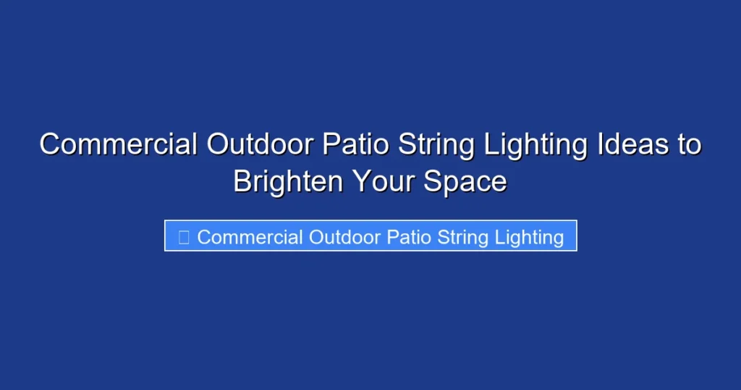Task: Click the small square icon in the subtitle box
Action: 184,237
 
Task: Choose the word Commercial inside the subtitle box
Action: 250,237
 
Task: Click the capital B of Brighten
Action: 242,182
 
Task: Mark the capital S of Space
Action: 433,182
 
